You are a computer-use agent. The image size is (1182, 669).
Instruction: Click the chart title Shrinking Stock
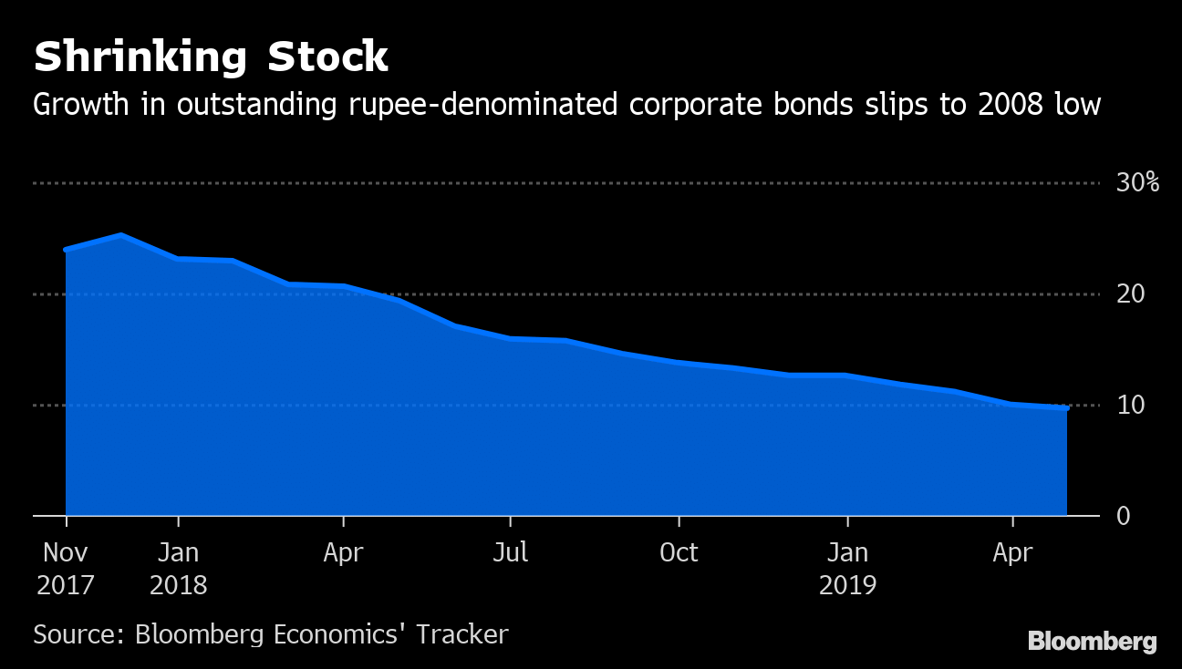point(211,57)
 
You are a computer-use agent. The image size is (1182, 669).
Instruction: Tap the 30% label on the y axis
point(1137,183)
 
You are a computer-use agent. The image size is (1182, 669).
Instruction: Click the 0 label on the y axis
point(1123,516)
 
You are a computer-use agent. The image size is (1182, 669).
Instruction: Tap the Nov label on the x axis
point(66,552)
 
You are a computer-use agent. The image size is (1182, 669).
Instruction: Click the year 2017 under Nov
point(66,584)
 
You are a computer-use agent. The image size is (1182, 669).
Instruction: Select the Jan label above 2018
point(179,552)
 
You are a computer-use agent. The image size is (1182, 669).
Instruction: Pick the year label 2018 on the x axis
point(179,584)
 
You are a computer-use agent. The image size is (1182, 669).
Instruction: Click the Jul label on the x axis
point(510,552)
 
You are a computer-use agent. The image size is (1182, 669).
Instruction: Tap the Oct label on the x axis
point(679,552)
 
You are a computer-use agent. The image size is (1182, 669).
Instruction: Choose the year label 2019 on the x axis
point(847,584)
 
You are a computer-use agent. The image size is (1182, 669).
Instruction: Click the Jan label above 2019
point(847,552)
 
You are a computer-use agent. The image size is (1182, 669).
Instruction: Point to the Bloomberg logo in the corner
point(1092,641)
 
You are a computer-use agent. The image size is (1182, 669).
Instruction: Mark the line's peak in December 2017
point(121,235)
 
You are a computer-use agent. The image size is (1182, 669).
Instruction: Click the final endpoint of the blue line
point(1066,408)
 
